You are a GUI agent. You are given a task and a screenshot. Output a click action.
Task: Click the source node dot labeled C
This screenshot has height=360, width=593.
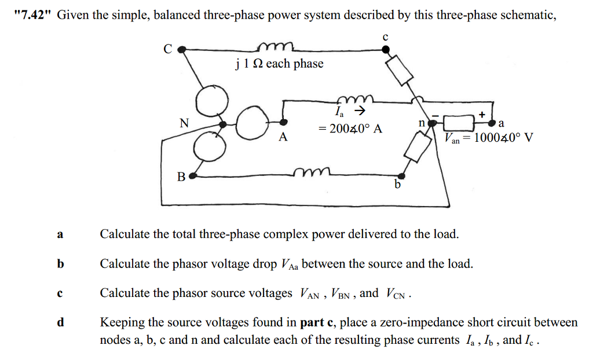[181, 50]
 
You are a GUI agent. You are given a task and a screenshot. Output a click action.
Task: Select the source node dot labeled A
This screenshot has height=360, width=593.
[283, 122]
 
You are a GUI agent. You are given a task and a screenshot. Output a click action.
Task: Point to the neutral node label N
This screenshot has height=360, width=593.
[184, 123]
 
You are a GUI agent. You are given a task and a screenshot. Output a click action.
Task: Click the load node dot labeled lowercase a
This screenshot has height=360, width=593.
[492, 123]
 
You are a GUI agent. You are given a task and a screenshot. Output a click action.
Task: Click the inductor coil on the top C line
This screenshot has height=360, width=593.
[278, 47]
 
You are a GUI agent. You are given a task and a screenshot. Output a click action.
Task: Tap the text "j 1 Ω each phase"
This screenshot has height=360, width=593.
[279, 64]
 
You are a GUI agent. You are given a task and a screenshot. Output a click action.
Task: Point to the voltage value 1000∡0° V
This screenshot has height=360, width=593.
[503, 138]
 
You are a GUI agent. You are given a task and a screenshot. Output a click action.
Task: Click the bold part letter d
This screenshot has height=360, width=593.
[60, 322]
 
